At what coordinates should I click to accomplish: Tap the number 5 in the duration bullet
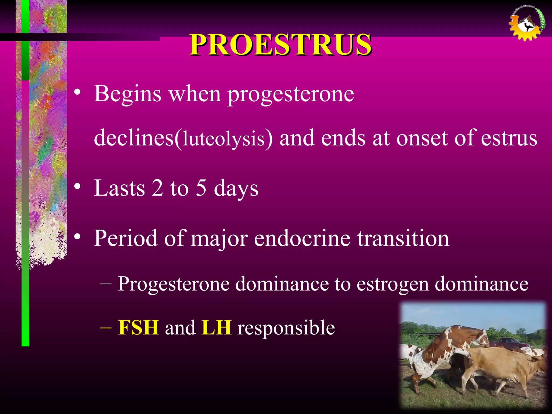click(201, 188)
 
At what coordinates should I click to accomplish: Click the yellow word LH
click(216, 328)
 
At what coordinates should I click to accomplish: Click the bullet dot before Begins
click(77, 92)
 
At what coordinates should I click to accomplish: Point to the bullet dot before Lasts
click(77, 187)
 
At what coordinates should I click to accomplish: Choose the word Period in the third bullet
click(125, 238)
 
